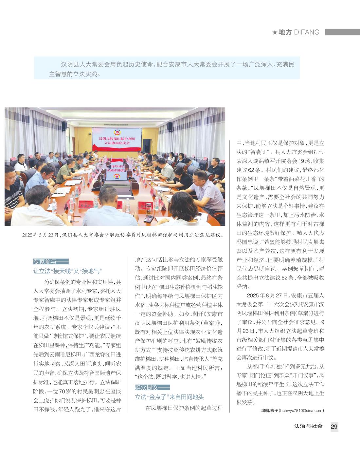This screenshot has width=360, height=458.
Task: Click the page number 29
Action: coord(334,427)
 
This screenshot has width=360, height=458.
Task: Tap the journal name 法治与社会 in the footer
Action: coord(308,426)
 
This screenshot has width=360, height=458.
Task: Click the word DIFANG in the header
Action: coord(307,32)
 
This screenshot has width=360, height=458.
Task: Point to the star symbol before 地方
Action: coord(275,32)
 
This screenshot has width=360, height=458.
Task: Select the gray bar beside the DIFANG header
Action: coord(342,32)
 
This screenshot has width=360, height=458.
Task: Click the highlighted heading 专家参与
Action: coord(45,261)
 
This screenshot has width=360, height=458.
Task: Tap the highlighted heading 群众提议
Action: coord(146,388)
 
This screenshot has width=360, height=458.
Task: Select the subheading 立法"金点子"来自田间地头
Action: coord(169,397)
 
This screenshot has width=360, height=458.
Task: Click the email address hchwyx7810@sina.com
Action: coord(301,410)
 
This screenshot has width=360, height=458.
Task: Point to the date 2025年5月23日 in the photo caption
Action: coord(40,235)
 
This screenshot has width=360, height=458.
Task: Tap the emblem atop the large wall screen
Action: coord(117,132)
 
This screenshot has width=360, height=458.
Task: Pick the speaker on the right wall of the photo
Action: coord(170,126)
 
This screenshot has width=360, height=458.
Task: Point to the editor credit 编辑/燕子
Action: coord(269,410)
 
